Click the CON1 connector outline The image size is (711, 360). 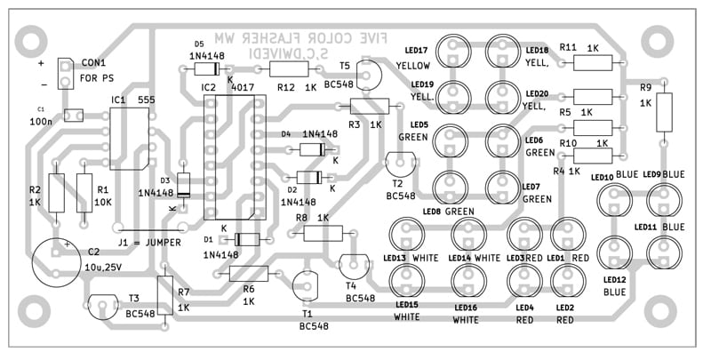[67, 74]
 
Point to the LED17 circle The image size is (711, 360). [456, 52]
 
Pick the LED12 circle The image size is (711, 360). [613, 252]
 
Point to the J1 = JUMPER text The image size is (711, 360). [151, 242]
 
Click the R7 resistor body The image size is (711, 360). [164, 295]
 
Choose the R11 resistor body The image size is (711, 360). [593, 61]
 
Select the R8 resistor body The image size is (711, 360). [323, 232]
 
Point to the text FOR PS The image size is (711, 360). [101, 77]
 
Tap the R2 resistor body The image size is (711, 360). [58, 192]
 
